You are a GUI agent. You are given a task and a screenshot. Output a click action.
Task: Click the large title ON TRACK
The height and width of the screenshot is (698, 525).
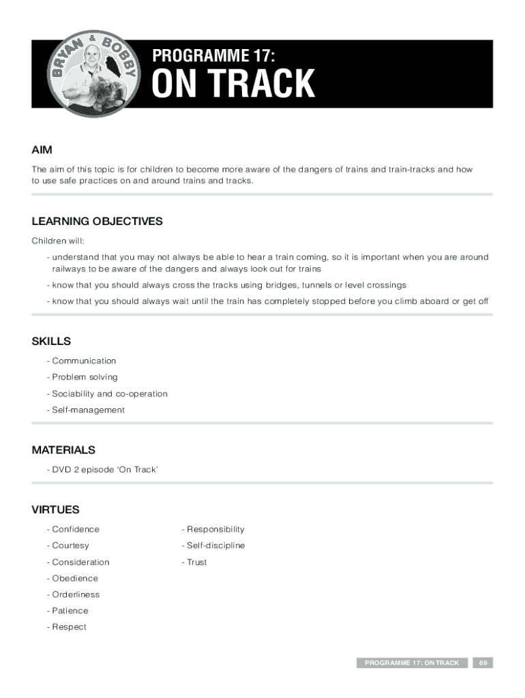pos(233,85)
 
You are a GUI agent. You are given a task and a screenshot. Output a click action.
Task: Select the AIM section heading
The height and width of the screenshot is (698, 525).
pos(42,149)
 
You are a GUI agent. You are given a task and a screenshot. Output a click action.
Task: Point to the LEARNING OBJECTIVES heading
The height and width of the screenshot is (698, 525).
pos(97,221)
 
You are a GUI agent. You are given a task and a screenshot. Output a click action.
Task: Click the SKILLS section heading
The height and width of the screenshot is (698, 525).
pos(51,341)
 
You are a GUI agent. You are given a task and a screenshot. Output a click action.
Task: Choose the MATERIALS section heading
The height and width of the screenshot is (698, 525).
pos(63,450)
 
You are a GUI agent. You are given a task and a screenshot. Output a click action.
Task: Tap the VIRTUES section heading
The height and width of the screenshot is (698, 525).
pos(55,509)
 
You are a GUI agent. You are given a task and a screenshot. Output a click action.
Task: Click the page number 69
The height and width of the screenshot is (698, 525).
pos(483,663)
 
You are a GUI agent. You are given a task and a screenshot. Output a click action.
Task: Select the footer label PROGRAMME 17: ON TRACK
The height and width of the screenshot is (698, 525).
pos(412,663)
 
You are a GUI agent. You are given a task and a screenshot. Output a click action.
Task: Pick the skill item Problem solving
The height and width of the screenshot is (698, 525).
pos(84,377)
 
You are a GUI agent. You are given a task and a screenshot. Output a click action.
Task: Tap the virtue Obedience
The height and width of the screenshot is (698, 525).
pos(74,578)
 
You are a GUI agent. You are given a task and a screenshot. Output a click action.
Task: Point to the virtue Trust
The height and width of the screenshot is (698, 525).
pos(196,562)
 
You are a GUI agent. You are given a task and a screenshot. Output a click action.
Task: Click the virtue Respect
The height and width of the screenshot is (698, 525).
pos(69,627)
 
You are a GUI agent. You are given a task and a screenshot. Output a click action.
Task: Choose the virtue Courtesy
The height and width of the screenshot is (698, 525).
pos(70,545)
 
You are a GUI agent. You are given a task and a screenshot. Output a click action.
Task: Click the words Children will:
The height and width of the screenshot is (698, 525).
pos(58,241)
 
